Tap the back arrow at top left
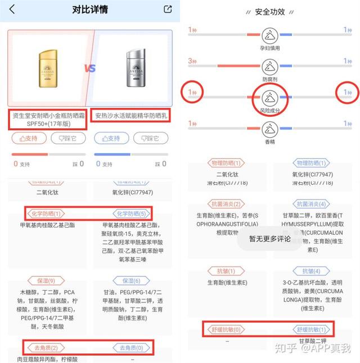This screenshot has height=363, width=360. coord(12,10)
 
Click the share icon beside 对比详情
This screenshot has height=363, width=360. coord(167,9)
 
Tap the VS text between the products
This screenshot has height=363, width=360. coord(91,69)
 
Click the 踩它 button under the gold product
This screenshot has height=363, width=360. coord(66,138)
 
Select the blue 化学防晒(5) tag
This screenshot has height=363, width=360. coord(130,214)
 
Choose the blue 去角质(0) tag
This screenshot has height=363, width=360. coord(130,348)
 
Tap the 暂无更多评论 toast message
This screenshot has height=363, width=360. coord(269,239)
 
